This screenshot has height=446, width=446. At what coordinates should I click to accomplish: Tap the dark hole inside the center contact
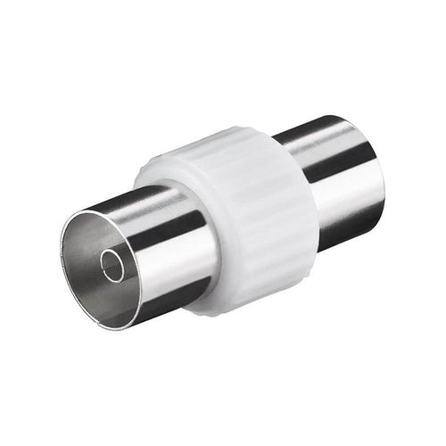click(x=112, y=265)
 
